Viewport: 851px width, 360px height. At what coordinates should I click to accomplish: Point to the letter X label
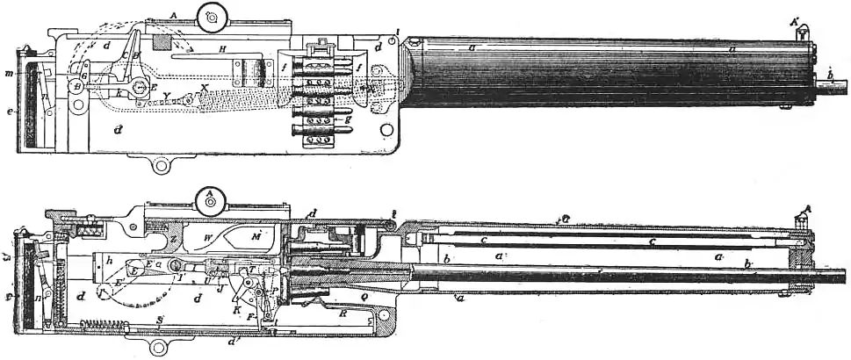pyautogui.click(x=206, y=88)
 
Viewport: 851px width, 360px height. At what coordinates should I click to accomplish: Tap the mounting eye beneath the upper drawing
pyautogui.click(x=160, y=163)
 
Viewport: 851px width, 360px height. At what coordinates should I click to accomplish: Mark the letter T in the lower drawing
pyautogui.click(x=250, y=270)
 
